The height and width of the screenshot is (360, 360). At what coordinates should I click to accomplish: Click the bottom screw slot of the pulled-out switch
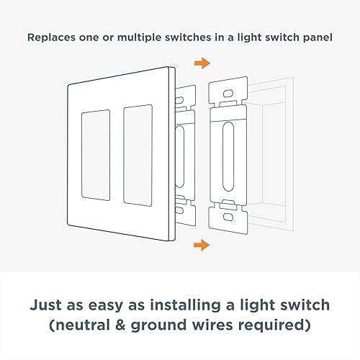(x=228, y=215)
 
